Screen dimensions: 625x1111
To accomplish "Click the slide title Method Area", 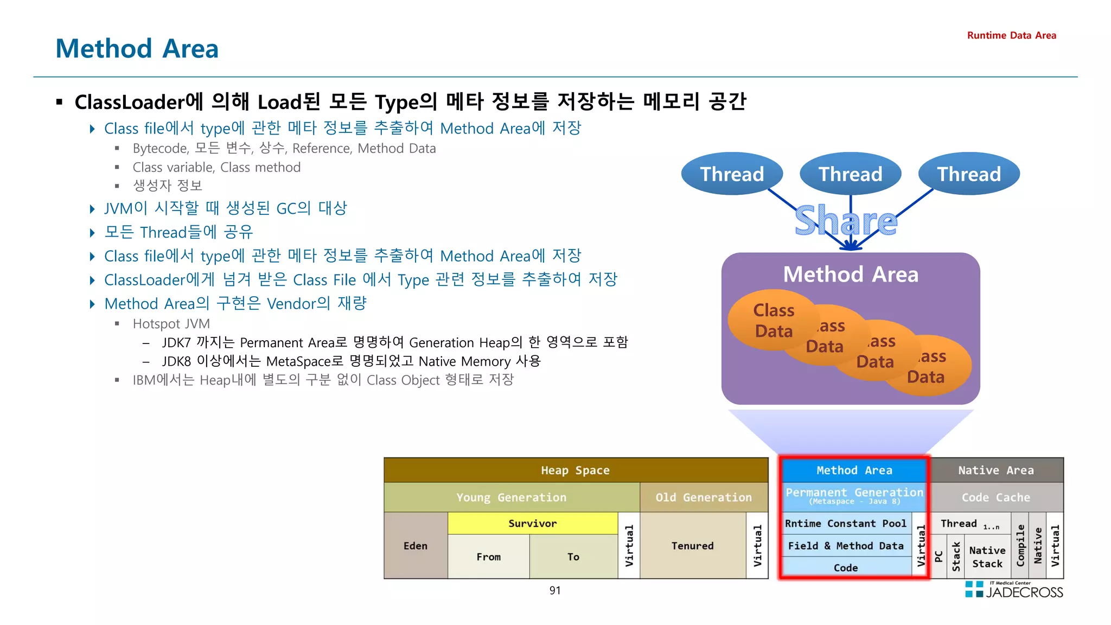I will pyautogui.click(x=137, y=49).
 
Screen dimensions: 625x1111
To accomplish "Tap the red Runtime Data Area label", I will pyautogui.click(x=1011, y=35).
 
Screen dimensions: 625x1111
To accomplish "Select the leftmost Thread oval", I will pyautogui.click(x=731, y=174).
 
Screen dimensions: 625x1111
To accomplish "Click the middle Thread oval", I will pyautogui.click(x=850, y=174).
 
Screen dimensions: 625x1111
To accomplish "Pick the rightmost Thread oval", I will pyautogui.click(x=969, y=174).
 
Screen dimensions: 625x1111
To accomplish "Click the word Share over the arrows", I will pyautogui.click(x=845, y=221).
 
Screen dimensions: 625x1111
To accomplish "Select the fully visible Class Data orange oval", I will pyautogui.click(x=773, y=320).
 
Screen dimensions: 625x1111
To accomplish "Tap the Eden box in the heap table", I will pyautogui.click(x=416, y=546).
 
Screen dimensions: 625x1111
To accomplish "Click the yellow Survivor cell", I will pyautogui.click(x=532, y=524).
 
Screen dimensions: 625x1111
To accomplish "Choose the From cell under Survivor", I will pyautogui.click(x=488, y=557).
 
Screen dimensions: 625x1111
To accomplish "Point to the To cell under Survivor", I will pyautogui.click(x=573, y=557).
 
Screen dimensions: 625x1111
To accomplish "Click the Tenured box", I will pyautogui.click(x=692, y=546).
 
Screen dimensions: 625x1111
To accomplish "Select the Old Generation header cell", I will pyautogui.click(x=703, y=498).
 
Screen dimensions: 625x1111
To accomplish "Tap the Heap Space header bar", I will pyautogui.click(x=575, y=470).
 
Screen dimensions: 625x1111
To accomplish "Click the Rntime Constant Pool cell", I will pyautogui.click(x=845, y=524).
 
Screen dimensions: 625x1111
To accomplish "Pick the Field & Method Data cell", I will pyautogui.click(x=845, y=546).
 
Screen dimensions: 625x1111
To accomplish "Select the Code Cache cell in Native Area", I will pyautogui.click(x=995, y=498).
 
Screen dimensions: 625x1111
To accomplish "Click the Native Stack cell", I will pyautogui.click(x=987, y=557).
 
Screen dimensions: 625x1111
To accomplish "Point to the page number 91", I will pyautogui.click(x=554, y=590).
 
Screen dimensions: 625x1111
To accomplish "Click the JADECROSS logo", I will pyautogui.click(x=1014, y=590).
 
